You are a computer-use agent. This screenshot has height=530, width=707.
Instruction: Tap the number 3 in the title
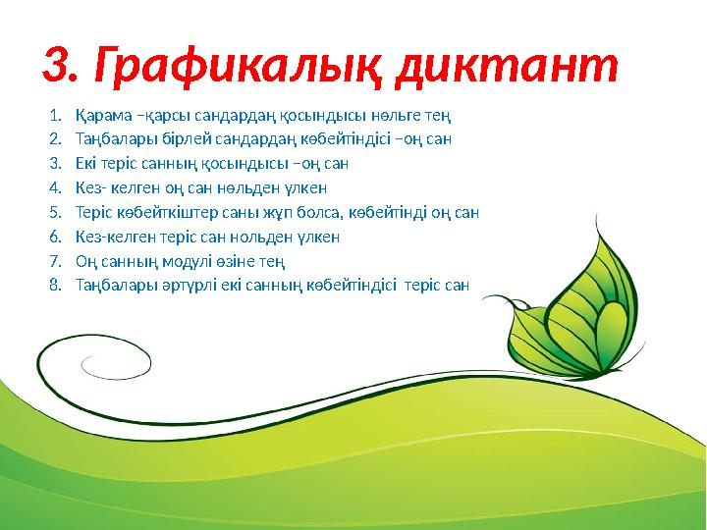[58, 66]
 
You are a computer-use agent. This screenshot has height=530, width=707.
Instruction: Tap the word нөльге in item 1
[370, 115]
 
